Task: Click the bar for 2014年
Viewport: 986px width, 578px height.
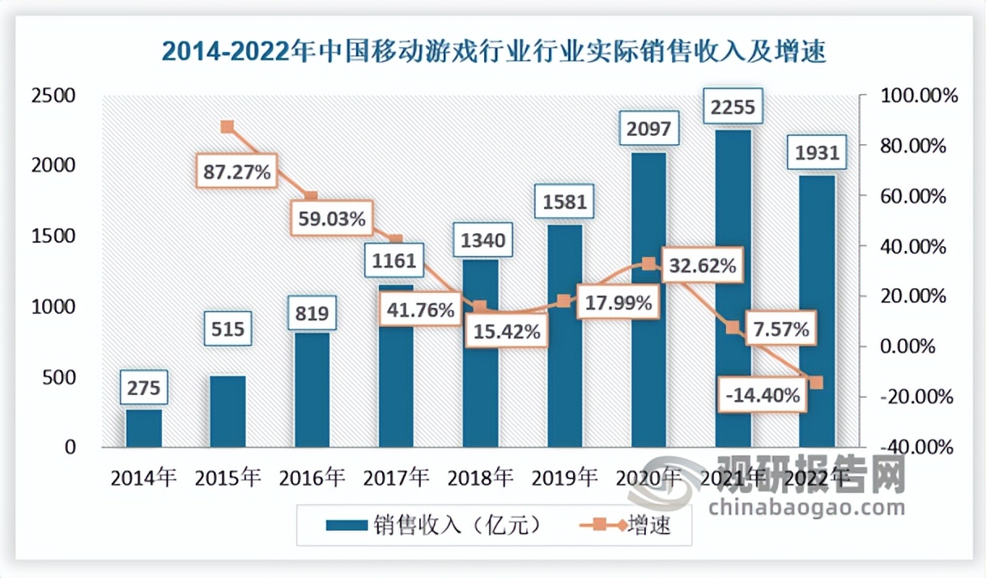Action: (x=143, y=427)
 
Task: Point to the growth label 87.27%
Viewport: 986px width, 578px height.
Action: (x=237, y=172)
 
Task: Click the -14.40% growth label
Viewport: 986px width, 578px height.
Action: (x=763, y=396)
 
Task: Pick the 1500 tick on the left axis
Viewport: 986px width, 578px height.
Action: (x=56, y=236)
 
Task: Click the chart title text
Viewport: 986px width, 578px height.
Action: (x=493, y=52)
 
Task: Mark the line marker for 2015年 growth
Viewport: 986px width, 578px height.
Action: (x=227, y=127)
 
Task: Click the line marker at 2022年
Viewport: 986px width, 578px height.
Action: (x=816, y=382)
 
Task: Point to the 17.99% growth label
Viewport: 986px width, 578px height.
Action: (x=617, y=304)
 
